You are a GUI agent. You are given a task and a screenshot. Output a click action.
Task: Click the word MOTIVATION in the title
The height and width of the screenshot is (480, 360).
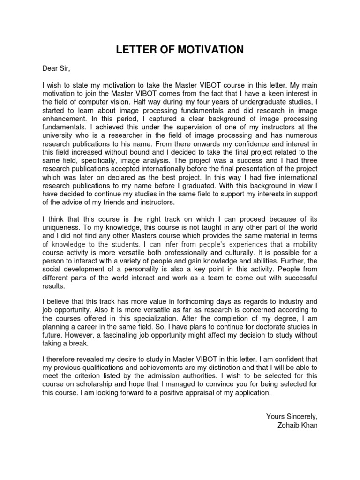(x=213, y=50)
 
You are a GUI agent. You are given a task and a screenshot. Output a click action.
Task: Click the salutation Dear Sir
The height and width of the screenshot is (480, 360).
(x=56, y=69)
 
